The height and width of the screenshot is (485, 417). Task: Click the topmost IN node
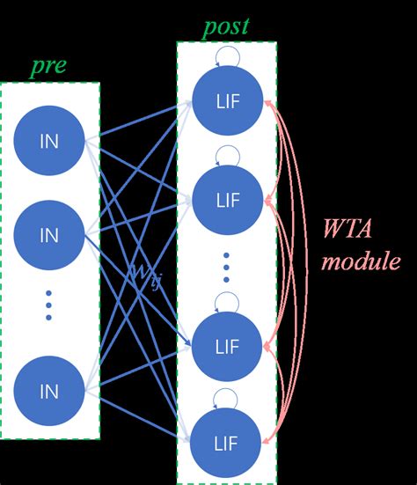coord(49,139)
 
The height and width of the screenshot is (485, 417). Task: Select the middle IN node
coord(49,235)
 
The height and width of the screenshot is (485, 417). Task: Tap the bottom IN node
coord(49,390)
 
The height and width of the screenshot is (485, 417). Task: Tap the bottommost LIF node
coord(227,441)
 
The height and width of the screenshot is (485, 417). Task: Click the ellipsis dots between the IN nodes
coord(49,305)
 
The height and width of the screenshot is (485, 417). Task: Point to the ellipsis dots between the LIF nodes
coord(227,267)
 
